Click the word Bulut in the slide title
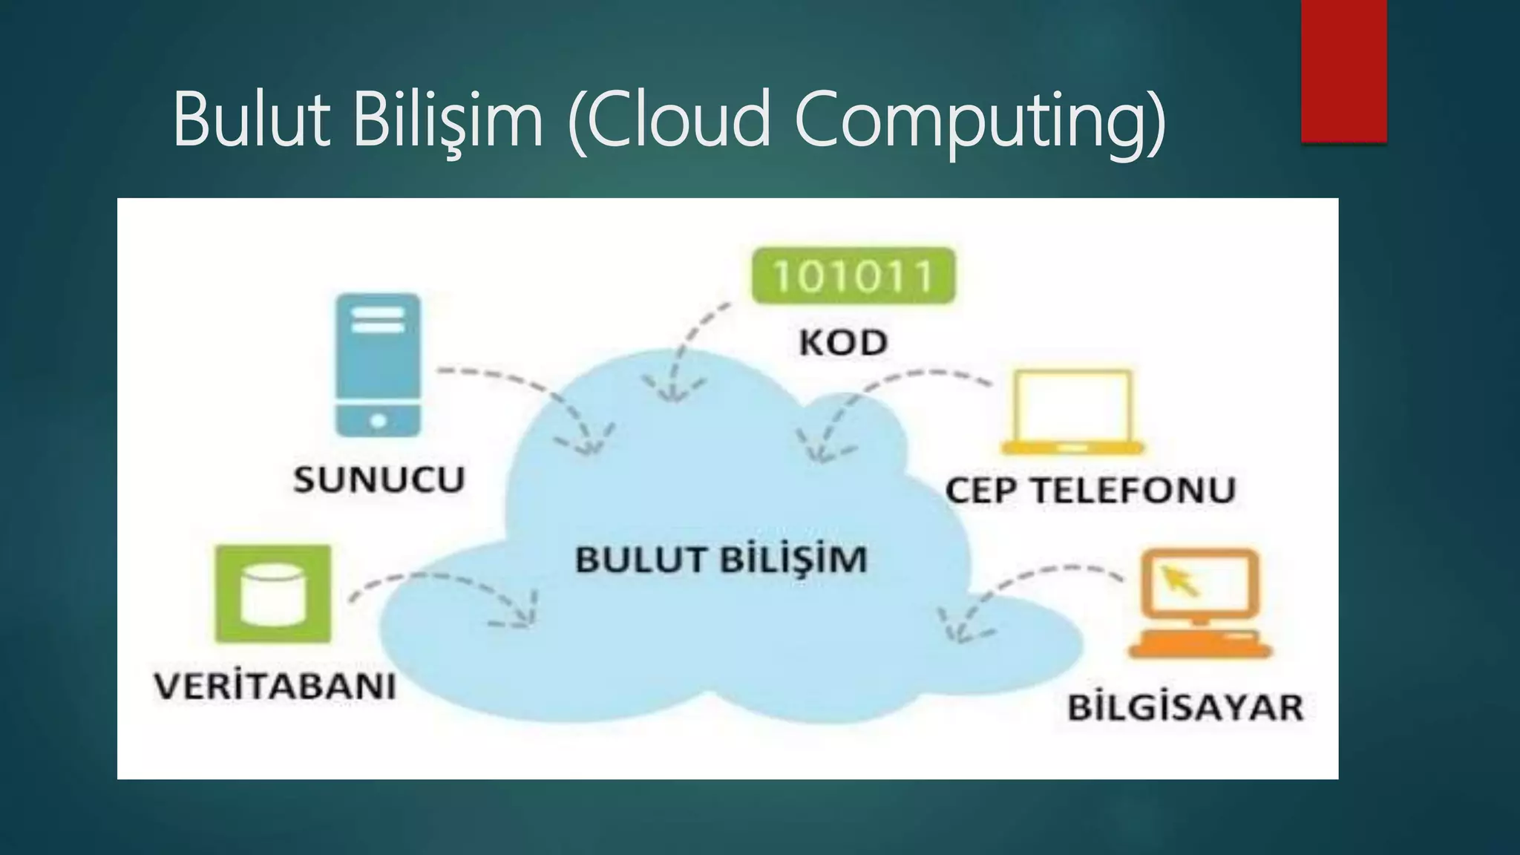251,119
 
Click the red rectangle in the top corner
1343,71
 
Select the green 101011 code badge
853,275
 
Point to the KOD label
843,342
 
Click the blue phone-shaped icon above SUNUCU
378,364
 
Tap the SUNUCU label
379,479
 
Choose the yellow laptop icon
1072,412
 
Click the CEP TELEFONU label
1090,490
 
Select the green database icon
272,594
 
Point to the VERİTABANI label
275,686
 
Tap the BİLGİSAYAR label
1185,707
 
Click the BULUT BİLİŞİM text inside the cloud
721,559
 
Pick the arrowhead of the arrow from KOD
672,393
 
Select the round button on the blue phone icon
378,421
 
